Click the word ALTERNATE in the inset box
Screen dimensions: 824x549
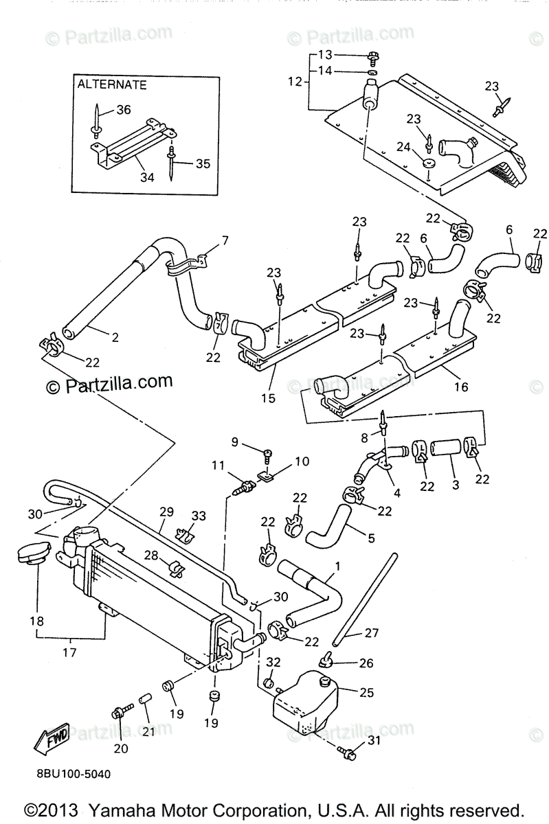pyautogui.click(x=111, y=85)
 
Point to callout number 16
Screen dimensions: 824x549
pyautogui.click(x=460, y=387)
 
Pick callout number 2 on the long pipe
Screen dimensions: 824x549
pyautogui.click(x=114, y=337)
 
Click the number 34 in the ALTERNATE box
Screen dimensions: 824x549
pyautogui.click(x=147, y=177)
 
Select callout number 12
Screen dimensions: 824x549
pyautogui.click(x=294, y=82)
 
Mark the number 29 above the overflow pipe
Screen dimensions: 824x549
pyautogui.click(x=166, y=512)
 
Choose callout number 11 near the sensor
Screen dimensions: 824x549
pyautogui.click(x=219, y=465)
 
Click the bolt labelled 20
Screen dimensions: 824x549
pyautogui.click(x=118, y=713)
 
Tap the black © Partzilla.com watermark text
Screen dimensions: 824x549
pyautogui.click(x=109, y=382)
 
